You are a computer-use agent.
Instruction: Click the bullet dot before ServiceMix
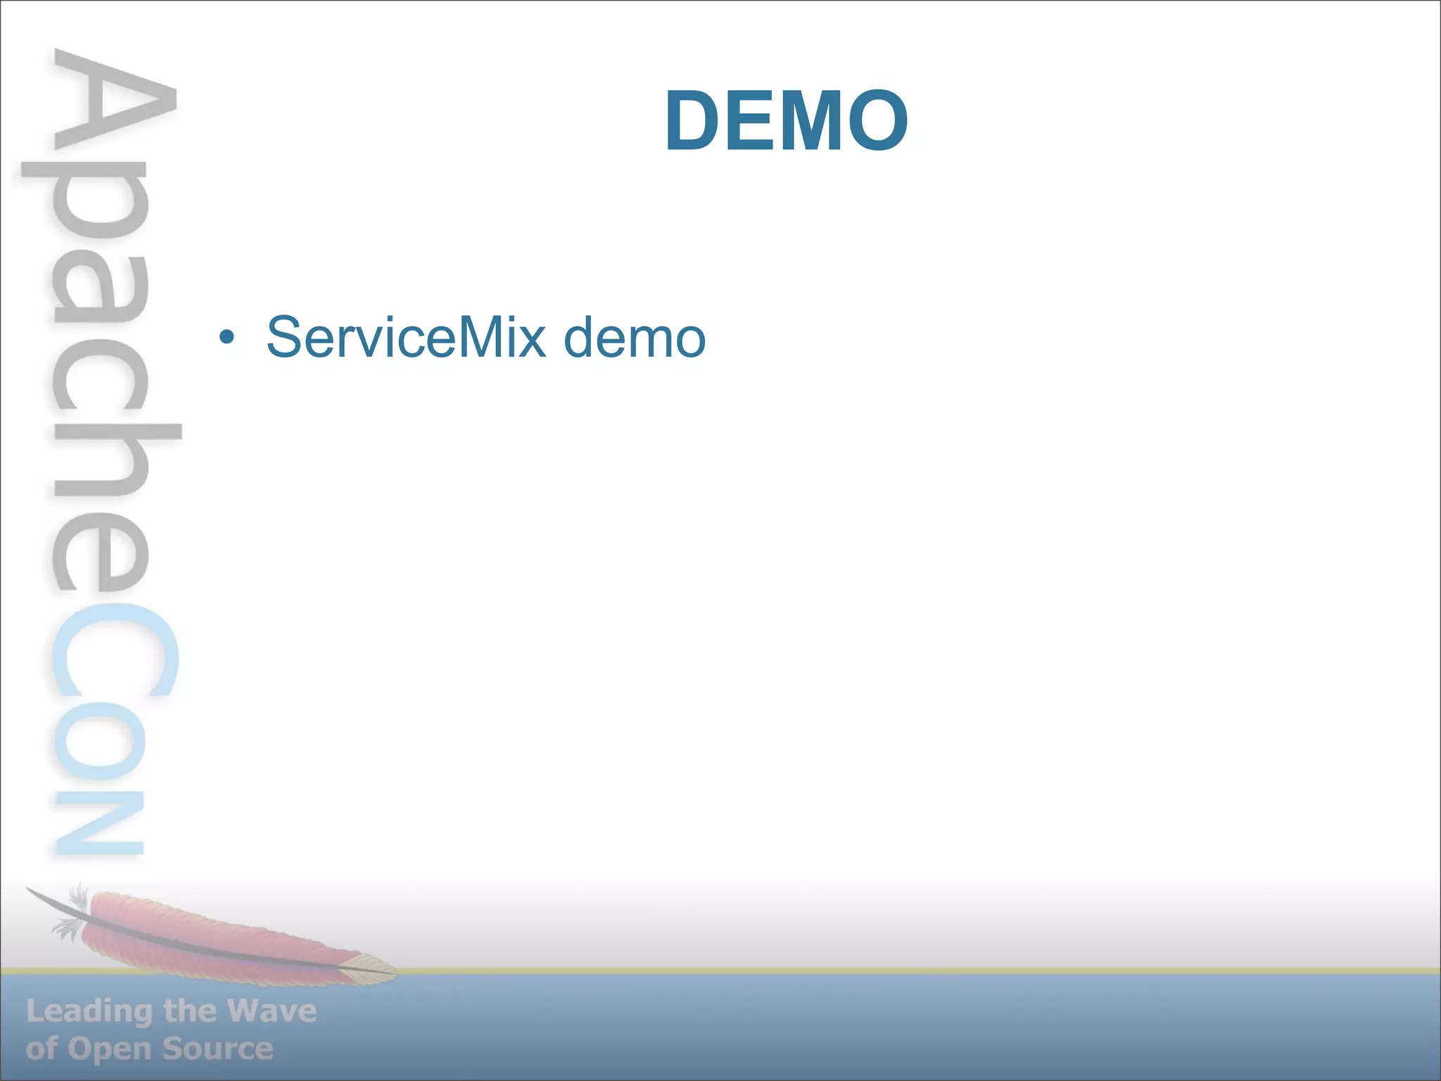click(x=226, y=338)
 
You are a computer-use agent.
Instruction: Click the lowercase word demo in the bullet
click(x=634, y=338)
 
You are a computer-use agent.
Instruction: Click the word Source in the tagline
click(x=217, y=1049)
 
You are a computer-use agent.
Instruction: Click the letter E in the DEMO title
click(x=749, y=121)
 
